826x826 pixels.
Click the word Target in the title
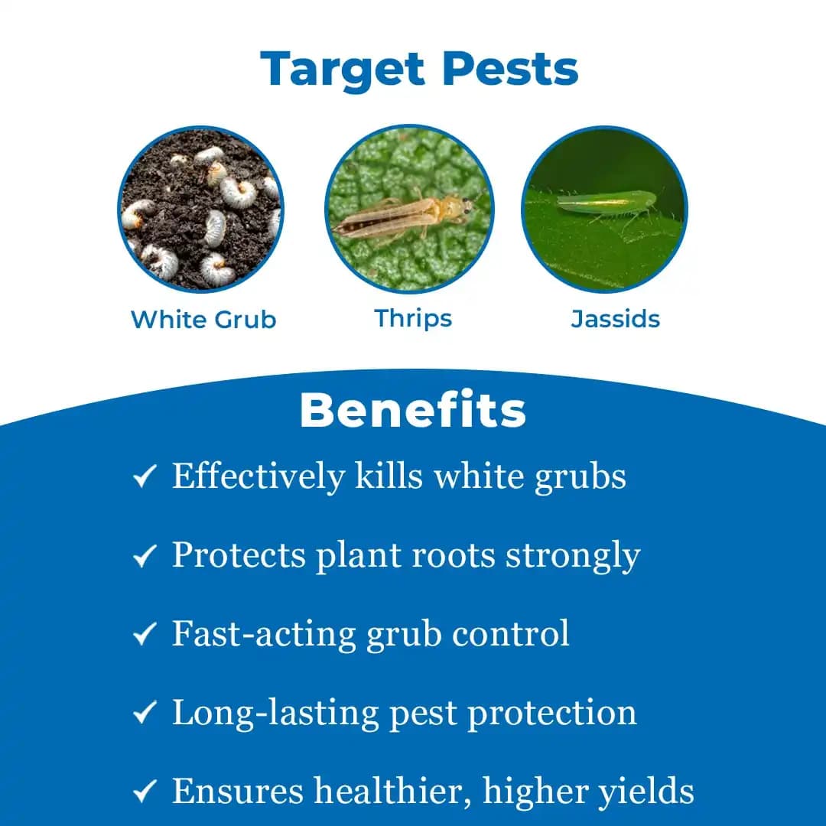(x=343, y=69)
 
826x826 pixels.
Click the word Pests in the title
(x=511, y=69)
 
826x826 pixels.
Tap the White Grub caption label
(x=203, y=319)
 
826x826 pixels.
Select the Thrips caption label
(x=413, y=318)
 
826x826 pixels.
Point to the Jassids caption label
(x=615, y=318)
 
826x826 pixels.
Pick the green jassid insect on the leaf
(x=604, y=203)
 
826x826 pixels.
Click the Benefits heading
(x=413, y=411)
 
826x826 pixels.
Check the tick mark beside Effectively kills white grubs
(x=145, y=477)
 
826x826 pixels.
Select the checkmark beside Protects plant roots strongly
(x=145, y=556)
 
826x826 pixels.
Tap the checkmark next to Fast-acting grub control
(x=145, y=635)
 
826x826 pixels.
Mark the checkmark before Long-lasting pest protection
(x=145, y=714)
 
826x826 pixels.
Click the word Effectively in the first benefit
(x=259, y=476)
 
